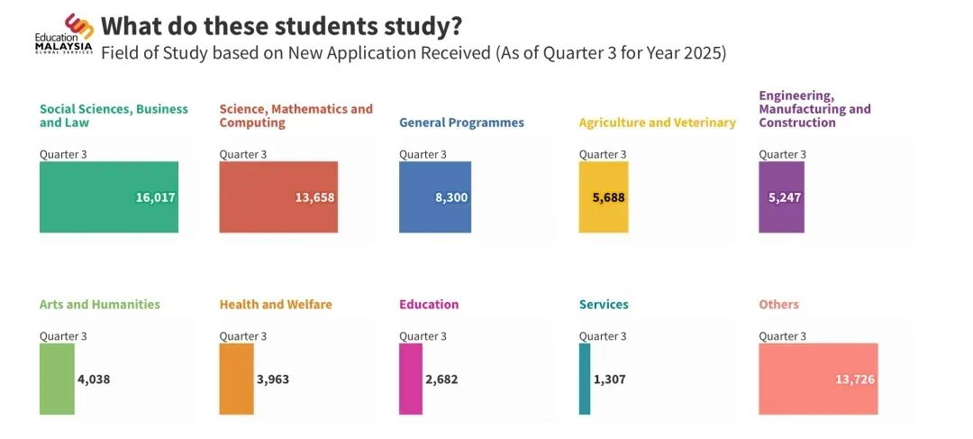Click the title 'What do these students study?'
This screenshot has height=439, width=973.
pyautogui.click(x=282, y=25)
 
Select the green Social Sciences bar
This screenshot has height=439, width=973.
pyautogui.click(x=90, y=197)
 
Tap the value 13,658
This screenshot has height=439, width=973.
pyautogui.click(x=314, y=197)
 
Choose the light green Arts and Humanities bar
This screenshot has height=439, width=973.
pyautogui.click(x=57, y=379)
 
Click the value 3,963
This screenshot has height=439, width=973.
pyautogui.click(x=273, y=380)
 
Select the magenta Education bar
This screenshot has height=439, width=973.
pyautogui.click(x=411, y=379)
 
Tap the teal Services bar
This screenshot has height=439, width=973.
pyautogui.click(x=585, y=379)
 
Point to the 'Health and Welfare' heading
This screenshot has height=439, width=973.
pyautogui.click(x=276, y=305)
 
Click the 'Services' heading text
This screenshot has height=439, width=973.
pyautogui.click(x=604, y=305)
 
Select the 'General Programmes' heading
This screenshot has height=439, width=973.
pyautogui.click(x=461, y=123)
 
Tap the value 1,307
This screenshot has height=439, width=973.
pyautogui.click(x=609, y=380)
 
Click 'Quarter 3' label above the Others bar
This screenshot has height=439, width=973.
pyautogui.click(x=782, y=336)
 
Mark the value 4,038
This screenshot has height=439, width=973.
pyautogui.click(x=94, y=380)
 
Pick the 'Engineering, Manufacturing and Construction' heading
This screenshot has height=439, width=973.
pyautogui.click(x=814, y=109)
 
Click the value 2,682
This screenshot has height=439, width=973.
pyautogui.click(x=441, y=380)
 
